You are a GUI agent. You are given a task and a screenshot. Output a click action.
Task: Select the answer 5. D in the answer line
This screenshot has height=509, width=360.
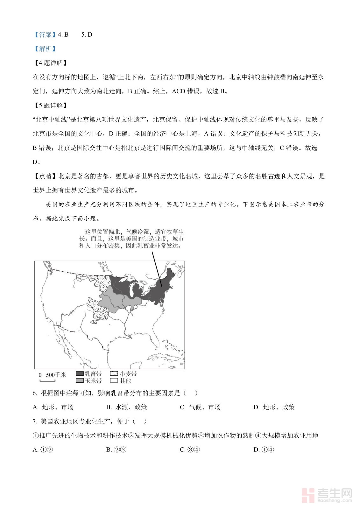point(87,35)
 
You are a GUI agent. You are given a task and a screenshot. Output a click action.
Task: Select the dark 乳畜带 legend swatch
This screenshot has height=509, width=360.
point(80,374)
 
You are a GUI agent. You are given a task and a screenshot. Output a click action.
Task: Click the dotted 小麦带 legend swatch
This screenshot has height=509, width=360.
point(114,374)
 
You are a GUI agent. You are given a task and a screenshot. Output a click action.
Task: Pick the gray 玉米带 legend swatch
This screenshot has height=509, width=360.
point(80,380)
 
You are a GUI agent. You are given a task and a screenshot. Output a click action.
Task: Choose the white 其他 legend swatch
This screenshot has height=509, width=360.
point(114,380)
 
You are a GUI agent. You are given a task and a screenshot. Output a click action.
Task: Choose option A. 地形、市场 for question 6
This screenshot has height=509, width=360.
point(53,407)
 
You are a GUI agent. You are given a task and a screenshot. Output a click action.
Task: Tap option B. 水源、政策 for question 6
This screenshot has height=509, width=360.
point(126,407)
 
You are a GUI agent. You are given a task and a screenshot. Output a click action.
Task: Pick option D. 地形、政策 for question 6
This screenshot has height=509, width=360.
point(274,407)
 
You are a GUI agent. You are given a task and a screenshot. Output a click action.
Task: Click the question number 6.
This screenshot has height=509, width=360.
point(35,393)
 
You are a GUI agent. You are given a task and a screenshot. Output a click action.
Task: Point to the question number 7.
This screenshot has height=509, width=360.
point(35,422)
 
